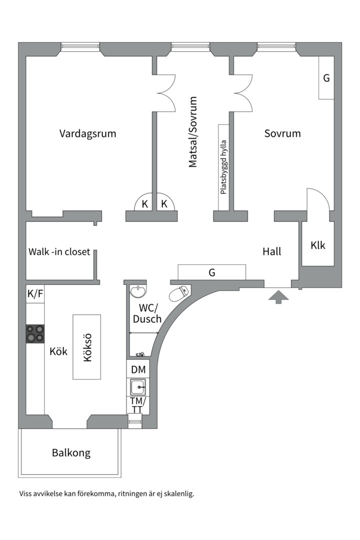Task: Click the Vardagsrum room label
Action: click(87, 133)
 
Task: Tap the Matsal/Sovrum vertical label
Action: click(193, 132)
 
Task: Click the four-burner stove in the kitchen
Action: click(35, 334)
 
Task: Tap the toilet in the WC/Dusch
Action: click(179, 293)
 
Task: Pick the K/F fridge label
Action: click(35, 294)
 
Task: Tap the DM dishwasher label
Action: click(138, 370)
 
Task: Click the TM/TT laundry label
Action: click(137, 405)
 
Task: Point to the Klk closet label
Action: click(317, 245)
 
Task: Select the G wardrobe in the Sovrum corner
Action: click(326, 78)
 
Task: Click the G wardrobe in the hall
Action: click(212, 272)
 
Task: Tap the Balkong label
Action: click(71, 453)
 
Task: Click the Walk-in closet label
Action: click(59, 251)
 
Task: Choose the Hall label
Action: click(271, 251)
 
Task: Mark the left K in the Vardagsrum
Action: click(144, 204)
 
